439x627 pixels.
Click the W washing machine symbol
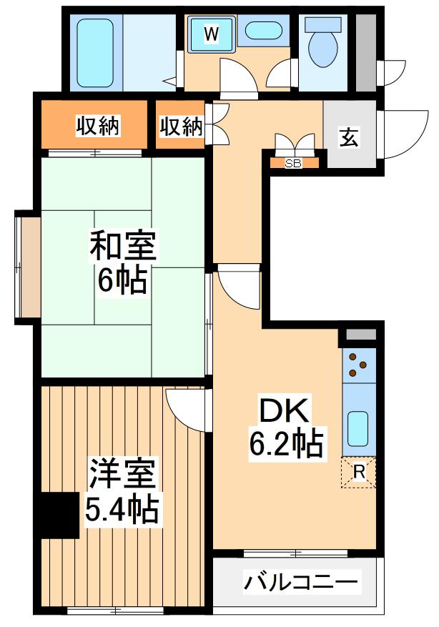(211, 33)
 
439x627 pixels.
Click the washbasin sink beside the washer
(264, 32)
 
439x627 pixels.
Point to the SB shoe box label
(293, 163)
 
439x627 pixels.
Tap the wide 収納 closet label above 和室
(99, 127)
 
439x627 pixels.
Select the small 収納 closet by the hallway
(180, 127)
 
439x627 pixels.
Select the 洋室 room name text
(122, 475)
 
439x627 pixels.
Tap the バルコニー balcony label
(300, 583)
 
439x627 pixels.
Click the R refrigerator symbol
(359, 472)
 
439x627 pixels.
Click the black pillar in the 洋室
(59, 515)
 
